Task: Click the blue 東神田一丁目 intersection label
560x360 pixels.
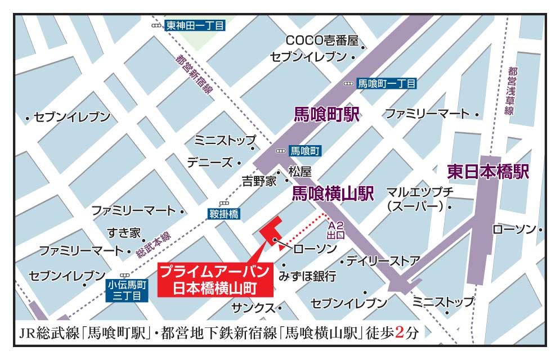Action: [195, 25]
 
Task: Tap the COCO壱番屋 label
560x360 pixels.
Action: [322, 40]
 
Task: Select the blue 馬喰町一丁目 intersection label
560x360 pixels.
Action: [387, 83]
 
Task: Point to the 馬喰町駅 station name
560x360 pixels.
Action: [326, 114]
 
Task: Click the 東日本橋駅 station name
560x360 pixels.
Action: [488, 172]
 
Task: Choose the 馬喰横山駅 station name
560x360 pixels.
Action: [333, 194]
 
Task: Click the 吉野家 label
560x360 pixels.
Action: [259, 181]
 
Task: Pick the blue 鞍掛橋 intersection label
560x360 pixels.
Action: [224, 214]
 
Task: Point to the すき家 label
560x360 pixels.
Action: [124, 232]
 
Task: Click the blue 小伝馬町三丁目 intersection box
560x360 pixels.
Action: [127, 290]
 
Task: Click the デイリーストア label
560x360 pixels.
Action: [383, 260]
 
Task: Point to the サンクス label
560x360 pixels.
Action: [253, 308]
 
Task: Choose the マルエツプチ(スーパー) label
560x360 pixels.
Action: [419, 199]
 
